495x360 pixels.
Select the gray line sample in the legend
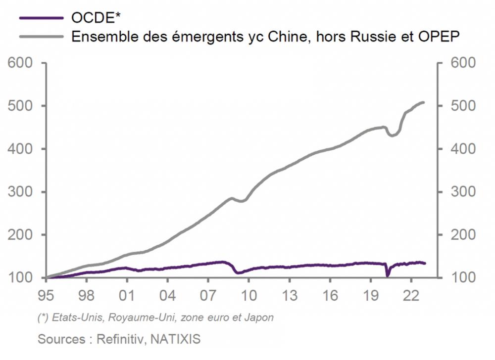(42, 36)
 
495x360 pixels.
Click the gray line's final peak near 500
(423, 102)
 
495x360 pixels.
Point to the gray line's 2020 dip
(392, 135)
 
